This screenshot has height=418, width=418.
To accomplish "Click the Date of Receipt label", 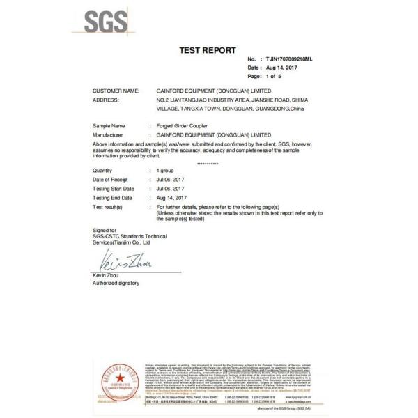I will [x=111, y=180].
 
